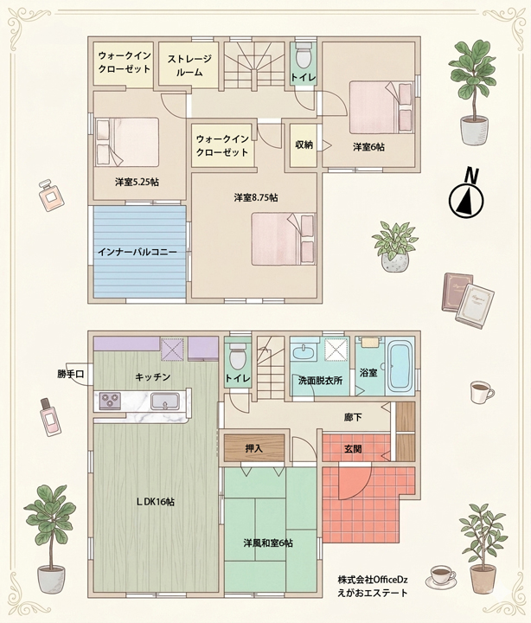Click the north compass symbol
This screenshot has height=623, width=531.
(466, 194)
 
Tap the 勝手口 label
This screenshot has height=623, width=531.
(71, 374)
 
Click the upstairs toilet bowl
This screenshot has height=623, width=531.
(304, 57)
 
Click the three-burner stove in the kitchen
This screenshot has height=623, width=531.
(110, 401)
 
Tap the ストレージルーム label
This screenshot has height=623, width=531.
(189, 66)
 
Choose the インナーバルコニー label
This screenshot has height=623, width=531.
(137, 252)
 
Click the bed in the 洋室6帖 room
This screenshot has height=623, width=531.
(381, 107)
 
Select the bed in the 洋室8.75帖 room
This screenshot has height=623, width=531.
(284, 239)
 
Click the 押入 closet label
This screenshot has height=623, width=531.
(253, 448)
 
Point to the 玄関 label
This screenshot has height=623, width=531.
(353, 449)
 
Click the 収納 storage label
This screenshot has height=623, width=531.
(304, 145)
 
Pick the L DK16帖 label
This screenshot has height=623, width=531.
(155, 502)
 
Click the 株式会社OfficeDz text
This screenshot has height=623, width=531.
(373, 580)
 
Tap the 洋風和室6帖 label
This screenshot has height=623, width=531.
(268, 543)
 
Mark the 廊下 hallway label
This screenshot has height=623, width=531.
(353, 417)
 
